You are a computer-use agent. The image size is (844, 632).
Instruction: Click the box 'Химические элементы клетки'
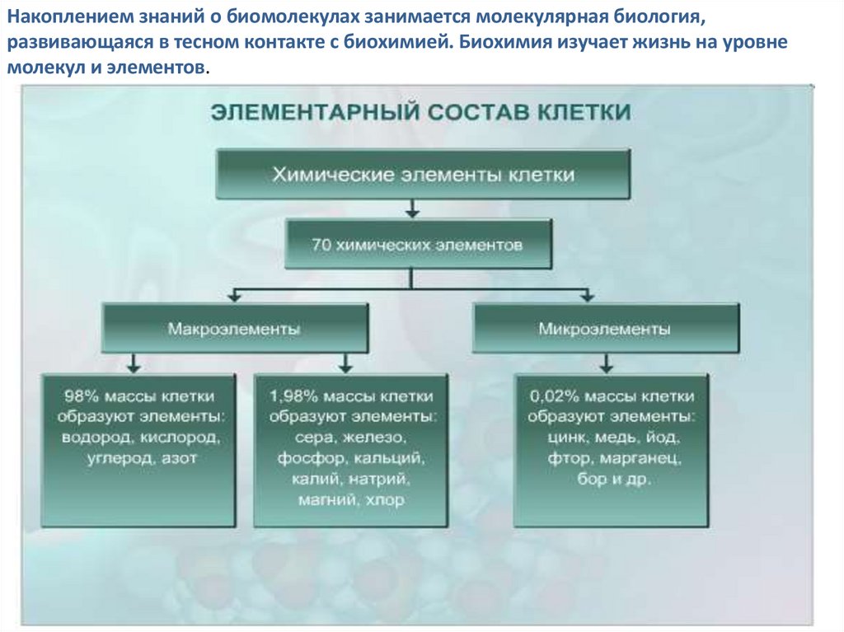pyautogui.click(x=424, y=174)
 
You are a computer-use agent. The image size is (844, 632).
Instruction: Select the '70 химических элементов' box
pyautogui.click(x=418, y=245)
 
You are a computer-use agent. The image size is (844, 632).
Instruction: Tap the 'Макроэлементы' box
pyautogui.click(x=234, y=328)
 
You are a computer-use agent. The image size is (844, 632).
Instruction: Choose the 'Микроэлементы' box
pyautogui.click(x=604, y=328)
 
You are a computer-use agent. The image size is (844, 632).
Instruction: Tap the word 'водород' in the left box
pyautogui.click(x=96, y=437)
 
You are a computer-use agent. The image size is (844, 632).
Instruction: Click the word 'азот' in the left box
pyautogui.click(x=180, y=457)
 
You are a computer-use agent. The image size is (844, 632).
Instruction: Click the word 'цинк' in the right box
pyautogui.click(x=565, y=437)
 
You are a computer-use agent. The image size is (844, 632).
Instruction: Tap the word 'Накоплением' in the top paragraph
pyautogui.click(x=59, y=17)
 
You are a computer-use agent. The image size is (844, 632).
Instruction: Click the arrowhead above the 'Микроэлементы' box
pyautogui.click(x=587, y=295)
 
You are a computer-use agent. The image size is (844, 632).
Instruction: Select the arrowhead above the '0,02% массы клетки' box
pyautogui.click(x=607, y=365)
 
